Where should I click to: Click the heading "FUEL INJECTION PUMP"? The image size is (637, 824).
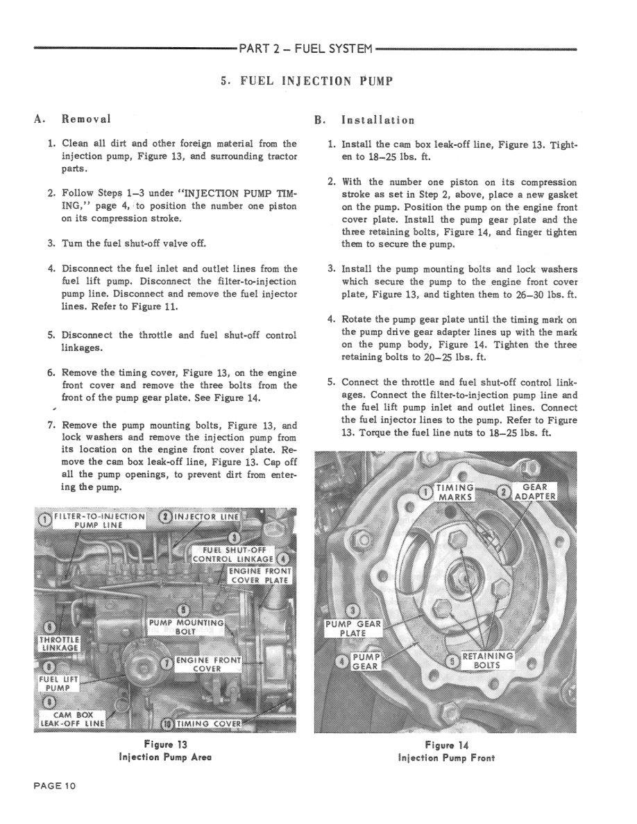coord(306,81)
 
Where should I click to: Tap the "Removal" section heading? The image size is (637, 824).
coord(86,119)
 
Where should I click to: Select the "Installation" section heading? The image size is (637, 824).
coord(377,119)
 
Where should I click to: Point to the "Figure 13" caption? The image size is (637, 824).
coord(164,745)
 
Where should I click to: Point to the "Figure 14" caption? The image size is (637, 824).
coord(446,745)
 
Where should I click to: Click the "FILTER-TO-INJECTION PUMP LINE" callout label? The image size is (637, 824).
coord(98,520)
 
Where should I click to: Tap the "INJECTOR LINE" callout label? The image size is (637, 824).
coord(207,516)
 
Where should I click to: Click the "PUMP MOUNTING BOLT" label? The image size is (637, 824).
coord(186,628)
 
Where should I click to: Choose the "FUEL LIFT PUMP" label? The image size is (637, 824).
coord(58,683)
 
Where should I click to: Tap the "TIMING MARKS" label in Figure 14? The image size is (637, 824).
coord(455,492)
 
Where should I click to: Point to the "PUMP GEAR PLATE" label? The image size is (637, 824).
coord(353,628)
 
